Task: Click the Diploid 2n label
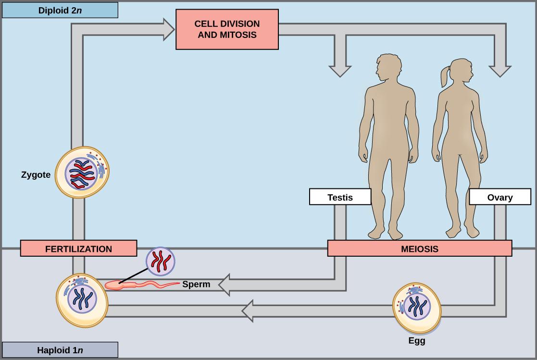[60, 10]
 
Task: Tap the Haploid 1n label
[60, 349]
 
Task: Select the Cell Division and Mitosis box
[227, 30]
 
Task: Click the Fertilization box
[78, 249]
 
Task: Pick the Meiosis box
[419, 249]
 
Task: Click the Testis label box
[340, 197]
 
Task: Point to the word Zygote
[36, 175]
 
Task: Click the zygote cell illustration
[82, 173]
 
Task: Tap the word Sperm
[196, 284]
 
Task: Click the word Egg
[416, 341]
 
